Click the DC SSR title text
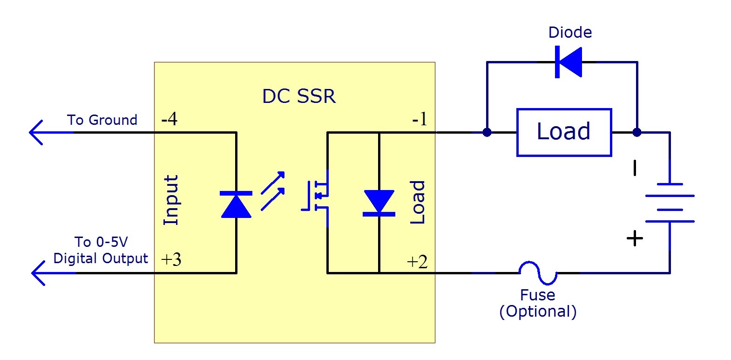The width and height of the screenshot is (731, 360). [x=298, y=96]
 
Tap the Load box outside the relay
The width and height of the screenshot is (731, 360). [x=563, y=132]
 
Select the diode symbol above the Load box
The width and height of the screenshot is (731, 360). [x=569, y=61]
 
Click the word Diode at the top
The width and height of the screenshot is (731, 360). [x=570, y=32]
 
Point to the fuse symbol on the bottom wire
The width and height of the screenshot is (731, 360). [x=538, y=273]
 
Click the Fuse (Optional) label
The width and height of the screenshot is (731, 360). [x=538, y=303]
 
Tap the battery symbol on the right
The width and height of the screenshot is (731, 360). [x=670, y=203]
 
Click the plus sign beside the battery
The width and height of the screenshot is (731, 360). [x=635, y=238]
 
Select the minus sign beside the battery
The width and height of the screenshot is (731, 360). [x=635, y=168]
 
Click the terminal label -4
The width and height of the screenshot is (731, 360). [x=169, y=119]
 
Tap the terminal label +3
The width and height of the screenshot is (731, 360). [x=171, y=259]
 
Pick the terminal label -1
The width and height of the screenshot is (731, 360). [x=420, y=120]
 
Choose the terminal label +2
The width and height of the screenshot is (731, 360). [x=417, y=262]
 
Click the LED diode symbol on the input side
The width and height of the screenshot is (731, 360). [x=236, y=204]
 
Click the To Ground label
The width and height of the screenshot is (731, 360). [x=102, y=120]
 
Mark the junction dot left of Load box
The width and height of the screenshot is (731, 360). [x=487, y=132]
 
